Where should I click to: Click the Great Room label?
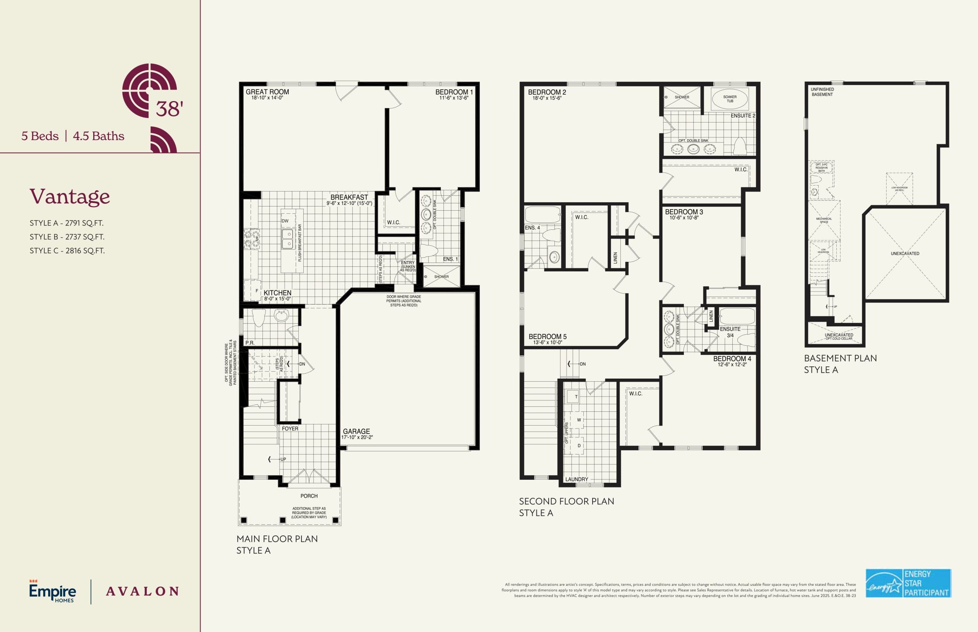267,92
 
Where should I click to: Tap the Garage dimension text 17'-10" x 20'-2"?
357,437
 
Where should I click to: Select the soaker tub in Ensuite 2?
730,99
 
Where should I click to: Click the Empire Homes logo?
52,592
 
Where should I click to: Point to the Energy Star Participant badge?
908,583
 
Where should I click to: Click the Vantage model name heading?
70,196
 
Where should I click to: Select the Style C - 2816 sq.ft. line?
67,251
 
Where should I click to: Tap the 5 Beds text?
40,136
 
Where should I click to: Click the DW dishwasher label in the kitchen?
285,221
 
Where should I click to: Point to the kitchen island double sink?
287,239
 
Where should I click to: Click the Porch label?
309,496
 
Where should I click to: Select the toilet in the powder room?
259,317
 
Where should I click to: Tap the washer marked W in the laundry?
579,420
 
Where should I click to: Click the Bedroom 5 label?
547,337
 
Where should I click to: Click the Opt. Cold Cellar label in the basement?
839,339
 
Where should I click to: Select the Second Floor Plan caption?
566,501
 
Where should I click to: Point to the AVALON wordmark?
142,592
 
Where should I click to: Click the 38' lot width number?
169,109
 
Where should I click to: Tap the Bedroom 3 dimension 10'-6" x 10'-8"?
684,218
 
